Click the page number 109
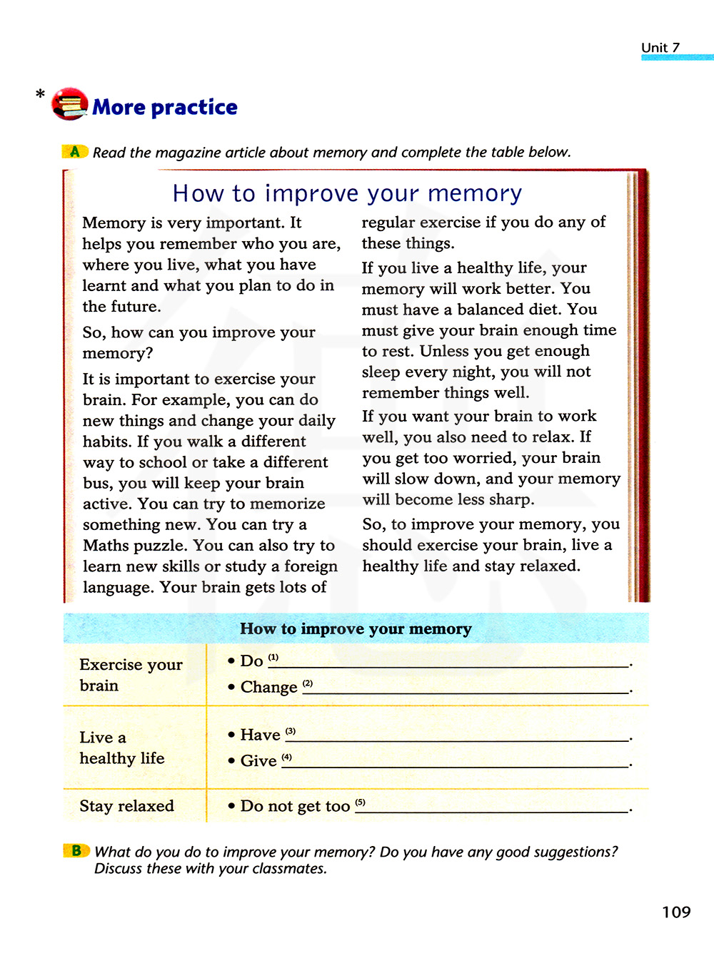676,912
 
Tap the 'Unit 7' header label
660,48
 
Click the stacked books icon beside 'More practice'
69,104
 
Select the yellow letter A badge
74,151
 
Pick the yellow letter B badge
76,850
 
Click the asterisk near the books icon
40,94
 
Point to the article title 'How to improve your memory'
347,193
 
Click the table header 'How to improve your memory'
356,628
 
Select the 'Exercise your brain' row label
131,675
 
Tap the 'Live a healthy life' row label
122,748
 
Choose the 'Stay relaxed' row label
127,806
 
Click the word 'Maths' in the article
104,546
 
